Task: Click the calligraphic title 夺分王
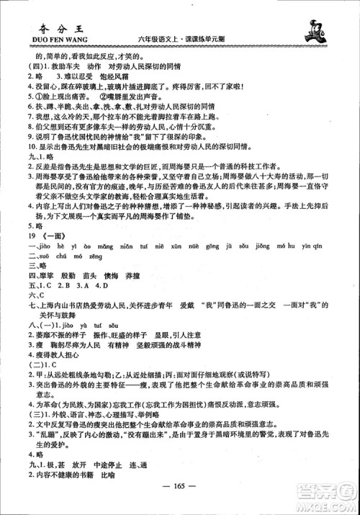tap(37, 20)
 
